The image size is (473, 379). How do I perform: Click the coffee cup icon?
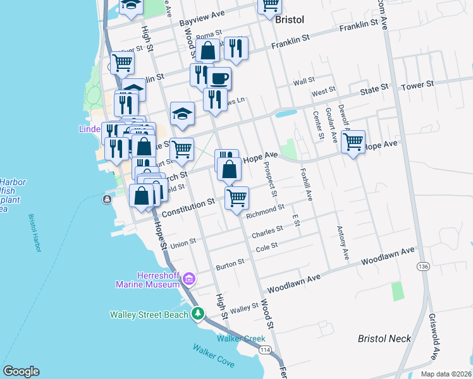coord(219,79)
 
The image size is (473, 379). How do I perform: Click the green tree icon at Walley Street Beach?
coord(198,313)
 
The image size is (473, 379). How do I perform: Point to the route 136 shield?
coord(422,267)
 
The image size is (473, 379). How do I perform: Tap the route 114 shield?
coord(266,350)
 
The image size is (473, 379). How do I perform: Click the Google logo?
coord(21,371)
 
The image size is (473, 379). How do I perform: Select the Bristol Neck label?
coord(384,339)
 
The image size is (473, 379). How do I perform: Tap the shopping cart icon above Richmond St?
coord(237,197)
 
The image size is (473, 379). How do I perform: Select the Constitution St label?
coord(187,204)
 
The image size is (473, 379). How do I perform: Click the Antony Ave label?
coord(342,243)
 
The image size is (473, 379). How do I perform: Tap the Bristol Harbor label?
coord(34,234)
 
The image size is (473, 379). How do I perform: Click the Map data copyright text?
coord(445,374)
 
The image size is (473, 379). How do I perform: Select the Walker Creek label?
coord(241,339)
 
